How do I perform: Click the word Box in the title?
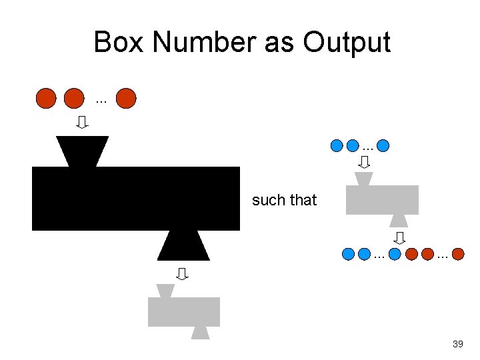coord(119,42)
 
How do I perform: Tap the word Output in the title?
coord(347,42)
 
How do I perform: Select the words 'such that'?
coord(284,200)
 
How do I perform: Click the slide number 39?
coord(457,344)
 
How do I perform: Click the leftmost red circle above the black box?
coord(46,99)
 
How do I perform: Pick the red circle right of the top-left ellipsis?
coord(125,99)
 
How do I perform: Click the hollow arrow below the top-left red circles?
coord(82,122)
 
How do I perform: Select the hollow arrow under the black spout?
coord(181,273)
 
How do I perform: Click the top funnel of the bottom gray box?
coord(165,291)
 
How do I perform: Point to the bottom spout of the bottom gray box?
coord(201,333)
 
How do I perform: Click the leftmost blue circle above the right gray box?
coord(337,145)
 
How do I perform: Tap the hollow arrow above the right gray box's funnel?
coord(364,161)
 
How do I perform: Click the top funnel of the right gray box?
coord(364,179)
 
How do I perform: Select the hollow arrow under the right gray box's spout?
coord(399,237)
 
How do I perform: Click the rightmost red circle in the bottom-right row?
coord(458,254)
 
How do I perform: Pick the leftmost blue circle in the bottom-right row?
coord(347,254)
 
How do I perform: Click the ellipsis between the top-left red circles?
coord(101,102)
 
